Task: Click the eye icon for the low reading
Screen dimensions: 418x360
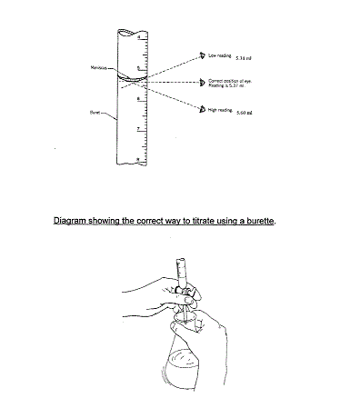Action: coord(203,55)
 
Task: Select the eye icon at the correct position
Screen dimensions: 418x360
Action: coord(202,82)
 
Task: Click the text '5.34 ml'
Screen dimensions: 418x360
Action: coord(244,57)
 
